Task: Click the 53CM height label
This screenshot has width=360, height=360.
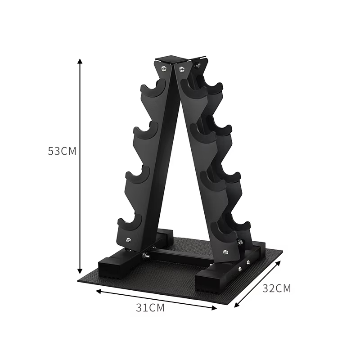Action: click(x=62, y=151)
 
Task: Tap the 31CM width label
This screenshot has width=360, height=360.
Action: click(x=150, y=308)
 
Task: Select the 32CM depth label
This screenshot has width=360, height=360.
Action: click(x=277, y=288)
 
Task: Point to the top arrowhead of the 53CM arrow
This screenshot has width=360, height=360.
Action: click(x=80, y=61)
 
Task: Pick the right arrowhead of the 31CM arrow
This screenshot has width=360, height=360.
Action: click(x=215, y=308)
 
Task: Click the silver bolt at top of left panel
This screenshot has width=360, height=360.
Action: click(x=163, y=68)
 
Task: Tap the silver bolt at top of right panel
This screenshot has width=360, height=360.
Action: click(x=182, y=69)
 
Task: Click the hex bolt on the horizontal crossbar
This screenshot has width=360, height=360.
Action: click(x=146, y=256)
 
